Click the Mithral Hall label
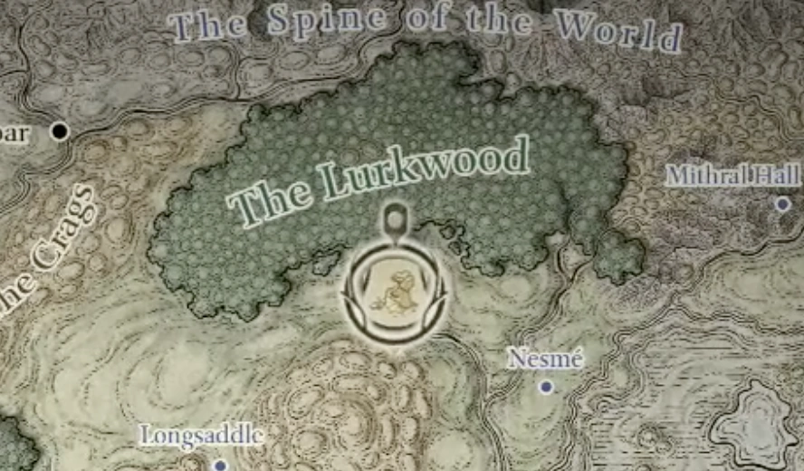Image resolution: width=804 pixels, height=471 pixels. (732, 175)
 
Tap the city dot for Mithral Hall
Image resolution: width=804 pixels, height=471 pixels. (783, 205)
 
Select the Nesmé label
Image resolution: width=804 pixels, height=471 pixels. (545, 359)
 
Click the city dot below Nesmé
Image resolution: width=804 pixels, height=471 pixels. (546, 387)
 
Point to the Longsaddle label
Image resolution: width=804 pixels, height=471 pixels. (201, 436)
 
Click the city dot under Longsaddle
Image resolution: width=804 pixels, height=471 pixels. (220, 466)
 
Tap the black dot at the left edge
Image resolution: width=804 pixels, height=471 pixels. (61, 131)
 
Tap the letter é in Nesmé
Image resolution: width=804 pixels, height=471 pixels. (576, 359)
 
